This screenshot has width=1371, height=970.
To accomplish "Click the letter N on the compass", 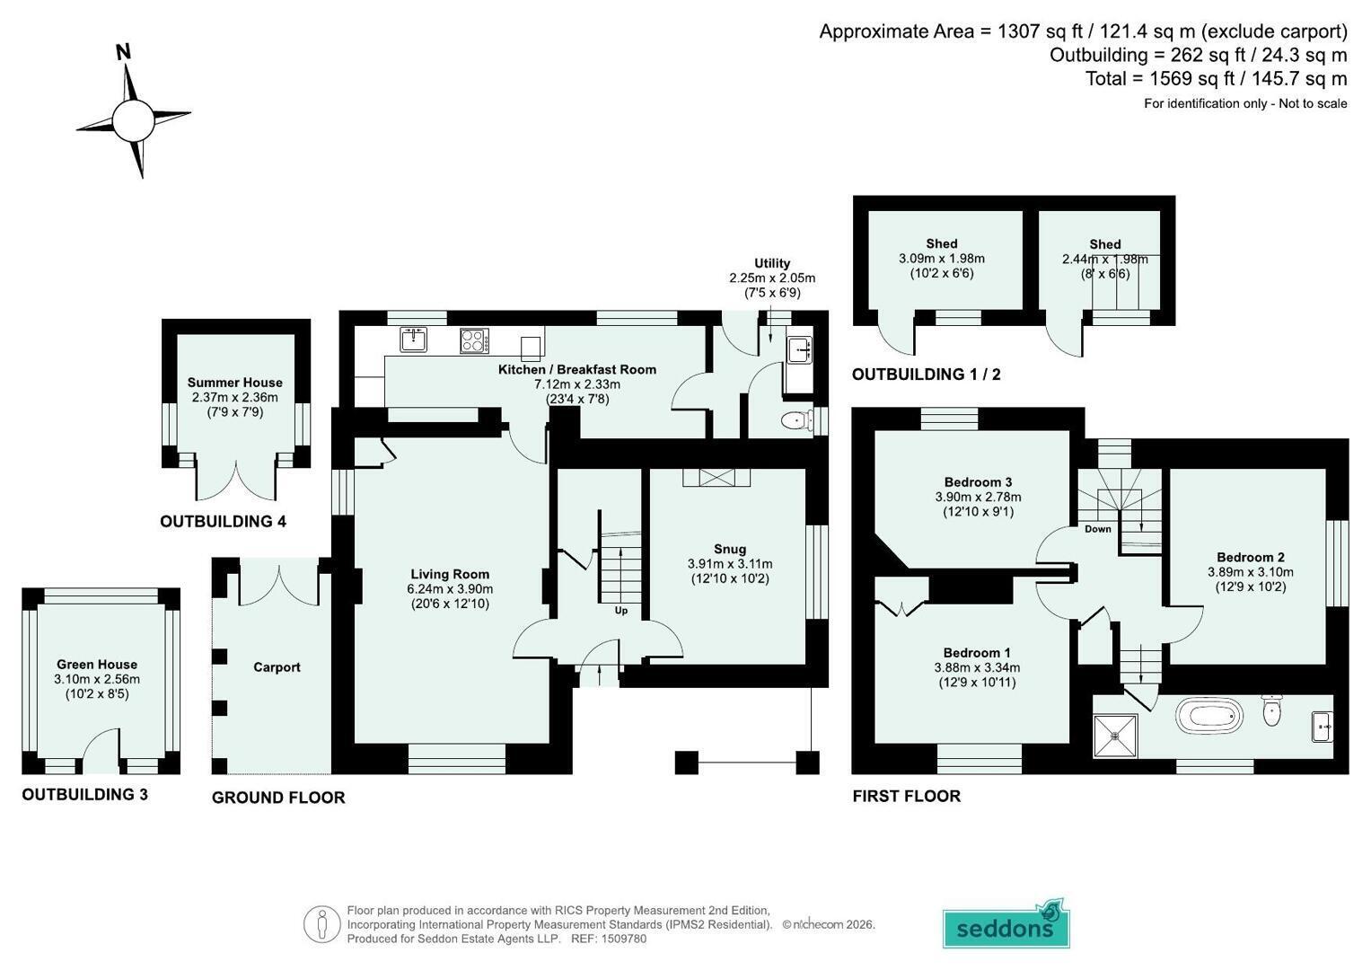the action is click(x=124, y=52).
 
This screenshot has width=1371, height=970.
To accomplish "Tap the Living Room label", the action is click(x=450, y=575).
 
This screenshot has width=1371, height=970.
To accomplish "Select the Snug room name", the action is click(x=730, y=550).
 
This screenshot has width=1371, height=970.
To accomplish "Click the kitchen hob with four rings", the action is click(x=474, y=341).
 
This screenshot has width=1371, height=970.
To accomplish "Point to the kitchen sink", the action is click(x=414, y=339).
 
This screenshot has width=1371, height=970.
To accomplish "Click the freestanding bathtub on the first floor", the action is click(x=1208, y=717).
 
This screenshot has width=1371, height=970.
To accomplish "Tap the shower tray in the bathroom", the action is click(x=1115, y=736).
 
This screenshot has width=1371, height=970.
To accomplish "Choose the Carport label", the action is click(x=277, y=667).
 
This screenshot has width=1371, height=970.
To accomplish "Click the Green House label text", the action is click(x=97, y=665).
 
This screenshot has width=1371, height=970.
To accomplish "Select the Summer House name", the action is click(x=235, y=383).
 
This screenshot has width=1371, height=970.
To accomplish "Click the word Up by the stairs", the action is click(x=620, y=611).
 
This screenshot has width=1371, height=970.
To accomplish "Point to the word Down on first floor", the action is click(x=1097, y=529).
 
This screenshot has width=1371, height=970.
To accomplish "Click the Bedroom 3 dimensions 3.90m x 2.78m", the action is click(x=978, y=498).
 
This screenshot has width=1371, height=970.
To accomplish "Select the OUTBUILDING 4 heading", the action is click(x=224, y=522).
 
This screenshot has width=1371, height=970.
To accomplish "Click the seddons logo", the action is click(x=1006, y=924).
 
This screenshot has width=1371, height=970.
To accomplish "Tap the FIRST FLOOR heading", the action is click(x=907, y=796).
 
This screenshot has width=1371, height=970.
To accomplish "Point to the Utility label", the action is click(x=772, y=263).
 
